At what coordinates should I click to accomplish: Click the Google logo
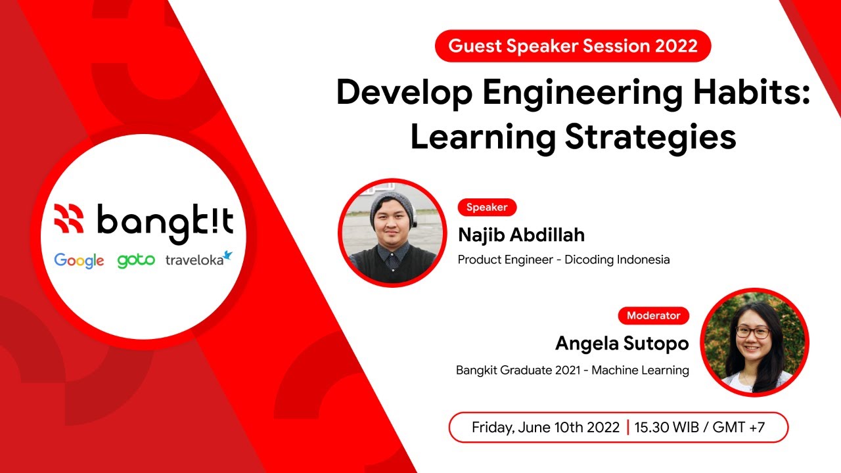point(79,260)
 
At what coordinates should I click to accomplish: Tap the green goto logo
point(136,260)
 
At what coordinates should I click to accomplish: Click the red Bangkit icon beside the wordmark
point(70,219)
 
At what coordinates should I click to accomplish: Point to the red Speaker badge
point(487,207)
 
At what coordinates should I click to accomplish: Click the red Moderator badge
point(653,315)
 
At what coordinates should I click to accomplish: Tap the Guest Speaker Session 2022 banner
point(573,46)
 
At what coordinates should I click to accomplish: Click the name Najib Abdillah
point(521,235)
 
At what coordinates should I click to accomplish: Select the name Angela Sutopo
point(622,343)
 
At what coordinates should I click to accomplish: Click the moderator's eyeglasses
point(752,332)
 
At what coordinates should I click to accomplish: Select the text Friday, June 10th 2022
point(545,428)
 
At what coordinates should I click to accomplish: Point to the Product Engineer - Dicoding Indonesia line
point(564,259)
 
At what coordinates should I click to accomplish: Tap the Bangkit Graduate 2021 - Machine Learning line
point(572,371)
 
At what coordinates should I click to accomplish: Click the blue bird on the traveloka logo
point(227,254)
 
